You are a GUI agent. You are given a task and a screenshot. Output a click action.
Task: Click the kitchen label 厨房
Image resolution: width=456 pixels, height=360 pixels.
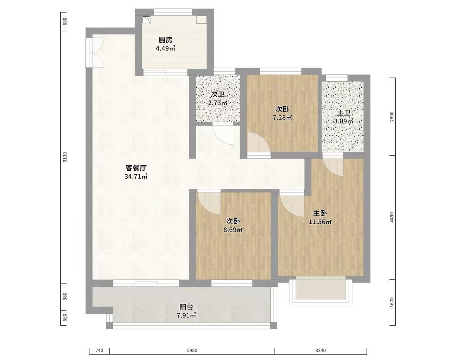point(165,40)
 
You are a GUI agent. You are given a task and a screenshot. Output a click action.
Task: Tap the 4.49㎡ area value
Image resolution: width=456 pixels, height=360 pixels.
point(166,48)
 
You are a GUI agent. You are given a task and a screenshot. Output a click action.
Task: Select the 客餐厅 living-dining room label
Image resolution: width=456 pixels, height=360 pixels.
point(136,168)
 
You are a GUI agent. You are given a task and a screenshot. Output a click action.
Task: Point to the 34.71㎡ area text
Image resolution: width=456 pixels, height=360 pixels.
point(136,176)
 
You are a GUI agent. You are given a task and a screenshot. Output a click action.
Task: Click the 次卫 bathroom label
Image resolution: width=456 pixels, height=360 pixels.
point(218,94)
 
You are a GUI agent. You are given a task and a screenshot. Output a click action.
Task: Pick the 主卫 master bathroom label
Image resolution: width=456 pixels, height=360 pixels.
point(343,113)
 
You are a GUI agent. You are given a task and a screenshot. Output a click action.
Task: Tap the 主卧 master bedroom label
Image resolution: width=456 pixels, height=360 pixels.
point(320,213)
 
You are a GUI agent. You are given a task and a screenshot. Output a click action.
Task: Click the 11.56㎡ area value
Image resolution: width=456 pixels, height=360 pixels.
point(320,221)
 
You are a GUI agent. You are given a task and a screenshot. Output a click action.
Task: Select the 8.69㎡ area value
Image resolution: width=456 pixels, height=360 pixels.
point(233,230)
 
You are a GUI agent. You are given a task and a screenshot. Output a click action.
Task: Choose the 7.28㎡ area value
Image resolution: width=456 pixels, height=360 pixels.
point(282,118)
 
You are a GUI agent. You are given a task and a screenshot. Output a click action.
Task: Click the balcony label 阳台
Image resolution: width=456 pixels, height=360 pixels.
point(186,307)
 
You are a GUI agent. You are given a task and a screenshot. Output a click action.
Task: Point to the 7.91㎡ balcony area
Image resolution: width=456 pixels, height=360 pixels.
point(186,315)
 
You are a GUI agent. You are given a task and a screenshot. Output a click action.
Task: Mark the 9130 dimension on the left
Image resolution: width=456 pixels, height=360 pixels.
point(65,157)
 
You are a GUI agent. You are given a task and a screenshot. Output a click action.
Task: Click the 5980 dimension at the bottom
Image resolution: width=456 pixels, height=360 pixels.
point(192,350)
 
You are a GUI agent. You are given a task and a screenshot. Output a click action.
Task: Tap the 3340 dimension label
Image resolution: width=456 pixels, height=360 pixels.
point(321,350)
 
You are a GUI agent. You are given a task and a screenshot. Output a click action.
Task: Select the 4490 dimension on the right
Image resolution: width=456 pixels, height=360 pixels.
point(392,218)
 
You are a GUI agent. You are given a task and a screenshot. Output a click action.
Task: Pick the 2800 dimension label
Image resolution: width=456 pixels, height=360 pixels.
point(392,117)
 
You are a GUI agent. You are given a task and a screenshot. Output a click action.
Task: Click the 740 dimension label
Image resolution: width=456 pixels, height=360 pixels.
point(99,350)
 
